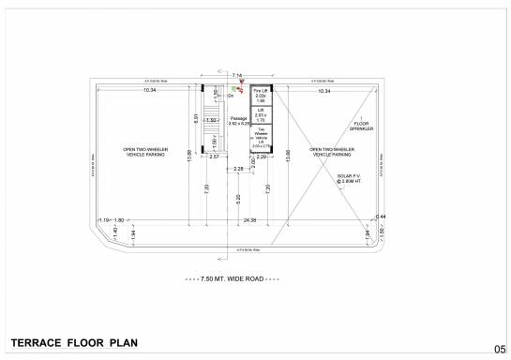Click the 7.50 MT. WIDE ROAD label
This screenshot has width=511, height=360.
233,279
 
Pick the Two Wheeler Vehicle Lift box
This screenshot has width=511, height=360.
262,138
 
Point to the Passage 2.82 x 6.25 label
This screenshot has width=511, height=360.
238,120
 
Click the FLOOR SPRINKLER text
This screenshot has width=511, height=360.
364,127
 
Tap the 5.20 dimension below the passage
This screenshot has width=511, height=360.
238,198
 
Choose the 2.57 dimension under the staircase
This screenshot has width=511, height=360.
215,157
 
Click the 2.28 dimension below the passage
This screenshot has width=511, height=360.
238,169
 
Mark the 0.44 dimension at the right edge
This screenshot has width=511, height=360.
381,217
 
